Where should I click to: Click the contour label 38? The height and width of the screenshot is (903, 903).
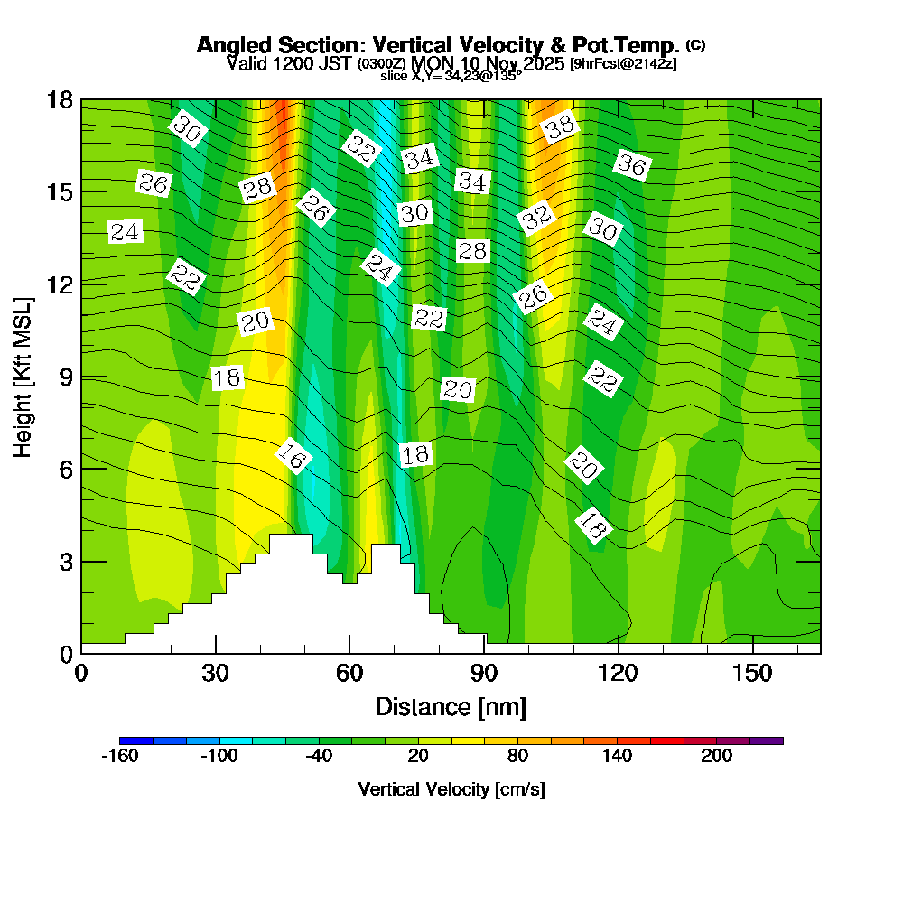(x=560, y=126)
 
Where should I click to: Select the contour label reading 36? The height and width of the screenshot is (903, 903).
(x=632, y=165)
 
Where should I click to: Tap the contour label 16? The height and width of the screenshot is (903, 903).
(x=292, y=457)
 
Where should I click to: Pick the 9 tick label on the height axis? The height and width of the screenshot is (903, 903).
(x=65, y=377)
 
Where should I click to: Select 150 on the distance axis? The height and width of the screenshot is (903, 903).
(x=752, y=674)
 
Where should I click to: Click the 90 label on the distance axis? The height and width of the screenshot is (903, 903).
(x=484, y=674)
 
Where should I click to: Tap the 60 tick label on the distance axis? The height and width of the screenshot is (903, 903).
(x=349, y=674)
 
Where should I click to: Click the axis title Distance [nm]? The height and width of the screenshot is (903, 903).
(x=451, y=706)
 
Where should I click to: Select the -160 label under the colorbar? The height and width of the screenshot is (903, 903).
(x=119, y=757)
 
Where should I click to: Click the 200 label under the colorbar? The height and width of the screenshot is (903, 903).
(x=717, y=757)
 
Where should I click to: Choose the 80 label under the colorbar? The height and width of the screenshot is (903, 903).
(x=517, y=757)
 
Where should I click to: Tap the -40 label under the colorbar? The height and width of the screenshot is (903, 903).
(x=319, y=757)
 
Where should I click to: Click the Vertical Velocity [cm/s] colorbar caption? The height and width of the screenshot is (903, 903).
(x=451, y=789)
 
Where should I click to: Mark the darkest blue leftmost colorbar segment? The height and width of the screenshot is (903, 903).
(x=136, y=740)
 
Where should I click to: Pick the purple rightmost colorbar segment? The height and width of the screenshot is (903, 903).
(x=767, y=740)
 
